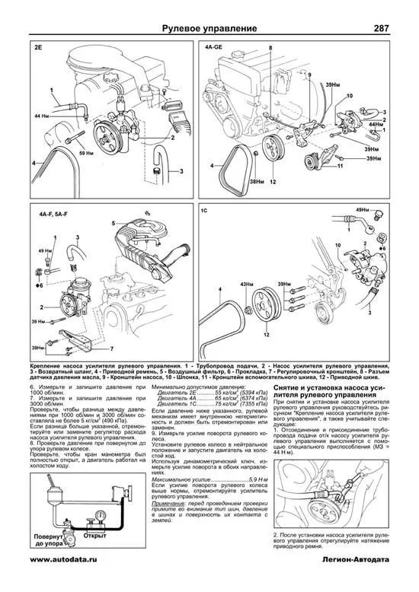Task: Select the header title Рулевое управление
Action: pos(209,30)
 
